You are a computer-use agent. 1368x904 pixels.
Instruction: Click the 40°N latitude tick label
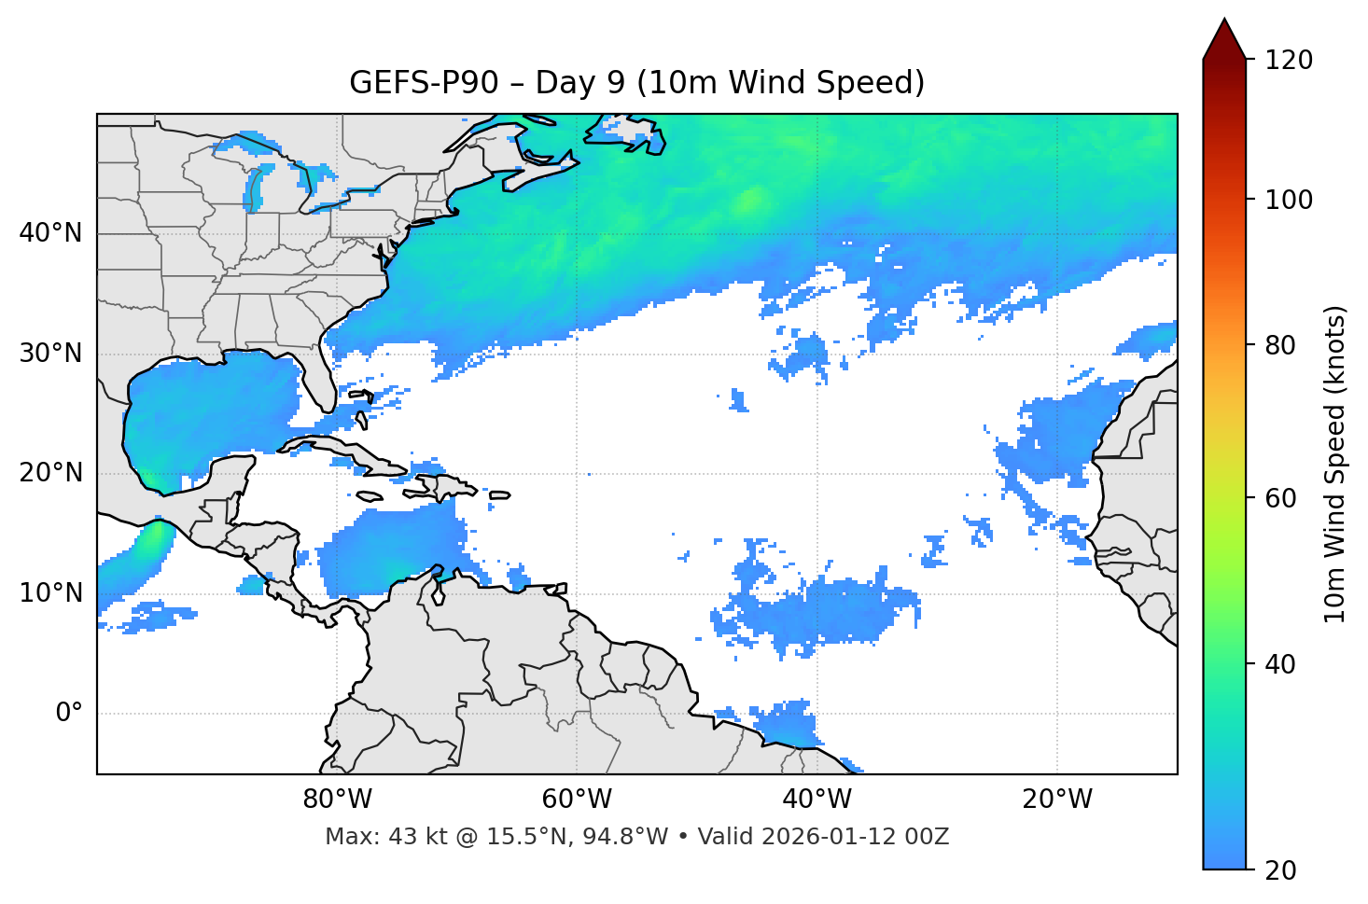pos(50,233)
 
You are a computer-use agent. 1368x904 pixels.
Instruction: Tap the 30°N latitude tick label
pos(50,354)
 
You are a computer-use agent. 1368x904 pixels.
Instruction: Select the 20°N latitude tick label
pos(50,473)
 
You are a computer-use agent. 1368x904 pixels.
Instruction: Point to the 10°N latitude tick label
pos(50,593)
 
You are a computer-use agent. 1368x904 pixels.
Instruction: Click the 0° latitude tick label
pos(68,714)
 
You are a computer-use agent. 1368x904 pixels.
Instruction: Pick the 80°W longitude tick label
pos(337,800)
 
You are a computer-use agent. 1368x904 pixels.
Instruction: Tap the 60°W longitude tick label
pos(577,800)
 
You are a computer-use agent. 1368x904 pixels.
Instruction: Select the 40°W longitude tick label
pos(817,800)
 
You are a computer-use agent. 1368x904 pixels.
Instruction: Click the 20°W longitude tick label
pos(1056,800)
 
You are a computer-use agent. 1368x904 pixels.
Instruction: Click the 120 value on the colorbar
pos(1288,61)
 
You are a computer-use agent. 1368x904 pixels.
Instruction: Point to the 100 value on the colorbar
pos(1288,200)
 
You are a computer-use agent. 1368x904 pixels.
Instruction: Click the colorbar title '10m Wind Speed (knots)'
pos(1335,465)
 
